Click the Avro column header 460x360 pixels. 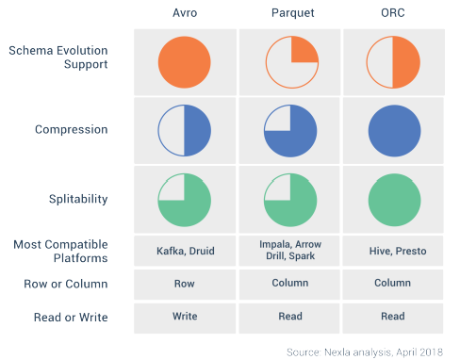tap(185, 13)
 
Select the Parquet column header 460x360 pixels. tap(293, 13)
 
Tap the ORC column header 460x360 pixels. tap(393, 13)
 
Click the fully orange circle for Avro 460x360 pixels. tap(185, 62)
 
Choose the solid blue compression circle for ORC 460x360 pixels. tap(394, 131)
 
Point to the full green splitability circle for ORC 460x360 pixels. tap(394, 200)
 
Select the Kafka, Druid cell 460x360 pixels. tap(186, 251)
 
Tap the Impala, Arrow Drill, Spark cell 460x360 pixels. tap(290, 250)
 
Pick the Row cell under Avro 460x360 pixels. tap(185, 284)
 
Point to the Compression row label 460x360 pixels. tap(72, 130)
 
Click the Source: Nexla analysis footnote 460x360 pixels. tap(365, 352)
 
